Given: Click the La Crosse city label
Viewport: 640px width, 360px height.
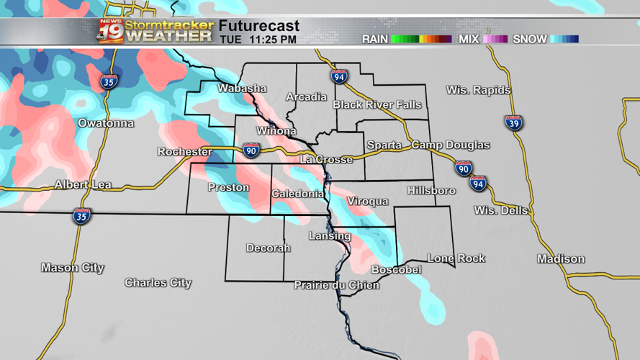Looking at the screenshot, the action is [x=326, y=159].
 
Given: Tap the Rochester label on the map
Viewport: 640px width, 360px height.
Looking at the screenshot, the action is [x=185, y=152].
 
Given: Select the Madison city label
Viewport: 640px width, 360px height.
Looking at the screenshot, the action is [x=561, y=259].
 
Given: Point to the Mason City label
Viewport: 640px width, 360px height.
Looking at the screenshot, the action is [x=73, y=268].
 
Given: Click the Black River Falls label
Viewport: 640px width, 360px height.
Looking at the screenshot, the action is [x=377, y=105].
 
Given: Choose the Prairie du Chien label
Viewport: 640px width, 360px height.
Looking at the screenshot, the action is [x=337, y=285].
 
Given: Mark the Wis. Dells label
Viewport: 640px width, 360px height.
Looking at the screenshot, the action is [x=501, y=210].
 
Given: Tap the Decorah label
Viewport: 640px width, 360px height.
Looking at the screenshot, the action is [x=269, y=248].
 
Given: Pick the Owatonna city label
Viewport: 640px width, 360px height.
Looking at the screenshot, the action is [x=106, y=123].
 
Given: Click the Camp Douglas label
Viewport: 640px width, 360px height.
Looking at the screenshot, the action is [x=451, y=145].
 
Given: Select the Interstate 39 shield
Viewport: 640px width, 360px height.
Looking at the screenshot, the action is [x=513, y=122].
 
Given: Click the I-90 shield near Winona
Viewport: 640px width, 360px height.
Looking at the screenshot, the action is [x=251, y=150].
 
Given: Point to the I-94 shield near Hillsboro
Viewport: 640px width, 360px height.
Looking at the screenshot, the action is [x=478, y=183].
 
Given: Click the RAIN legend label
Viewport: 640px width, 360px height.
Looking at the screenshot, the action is [x=375, y=39].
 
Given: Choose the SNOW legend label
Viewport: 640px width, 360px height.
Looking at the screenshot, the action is [x=530, y=39].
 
